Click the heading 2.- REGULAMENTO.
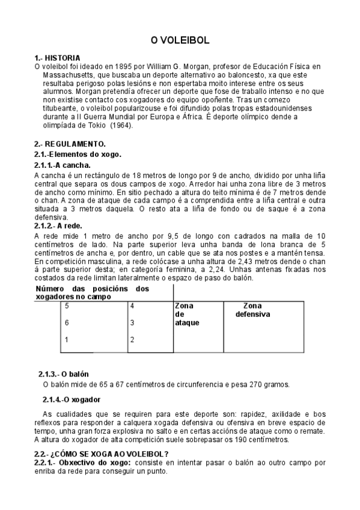(x=70, y=144)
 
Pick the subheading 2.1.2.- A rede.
(x=58, y=226)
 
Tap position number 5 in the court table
(x=67, y=306)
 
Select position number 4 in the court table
(x=132, y=306)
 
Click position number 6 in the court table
(x=67, y=323)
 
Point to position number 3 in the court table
(x=132, y=323)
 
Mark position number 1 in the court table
(x=67, y=340)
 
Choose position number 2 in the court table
(x=132, y=340)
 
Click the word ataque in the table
(x=187, y=323)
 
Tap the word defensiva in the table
(x=252, y=315)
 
